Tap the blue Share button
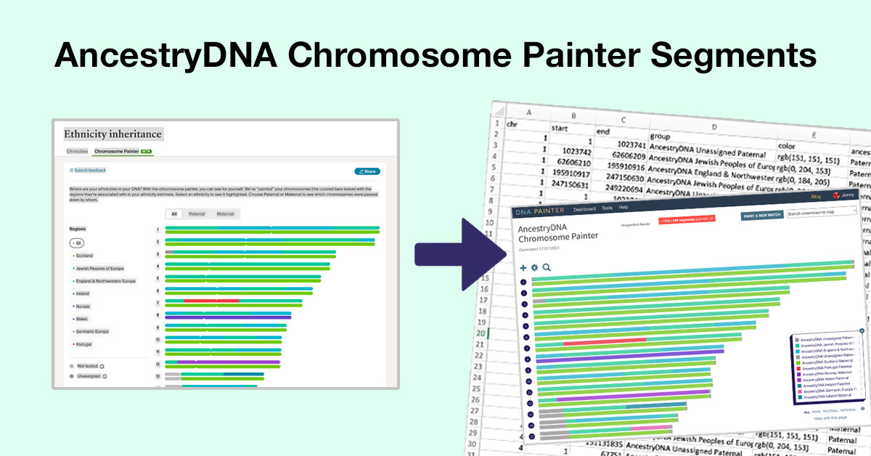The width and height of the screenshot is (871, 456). tap(367, 171)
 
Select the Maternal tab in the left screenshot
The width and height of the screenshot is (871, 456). tap(225, 214)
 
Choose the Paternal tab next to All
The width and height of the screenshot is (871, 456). tap(197, 214)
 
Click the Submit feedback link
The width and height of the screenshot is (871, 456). tap(88, 171)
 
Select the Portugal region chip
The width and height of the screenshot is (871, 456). tap(83, 343)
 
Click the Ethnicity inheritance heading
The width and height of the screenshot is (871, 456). tap(113, 134)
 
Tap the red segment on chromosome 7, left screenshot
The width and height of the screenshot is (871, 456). tap(211, 301)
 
